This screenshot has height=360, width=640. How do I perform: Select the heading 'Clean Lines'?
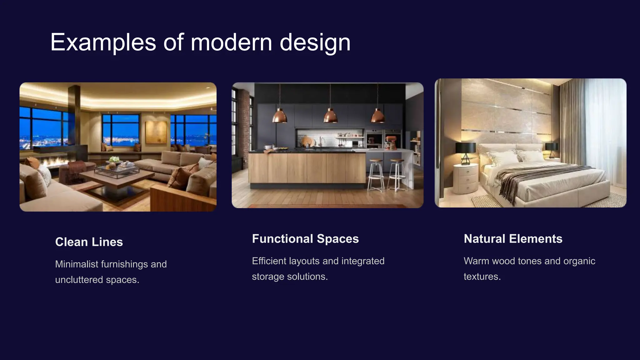pos(89,242)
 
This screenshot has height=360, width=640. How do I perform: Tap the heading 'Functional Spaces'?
pos(305,239)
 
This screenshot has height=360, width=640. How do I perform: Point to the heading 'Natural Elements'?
pos(513,239)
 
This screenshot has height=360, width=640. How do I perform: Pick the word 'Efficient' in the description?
pos(269,261)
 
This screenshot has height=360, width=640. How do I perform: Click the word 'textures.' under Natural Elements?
pos(482,277)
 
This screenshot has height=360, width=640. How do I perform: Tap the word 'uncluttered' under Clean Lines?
pos(79,280)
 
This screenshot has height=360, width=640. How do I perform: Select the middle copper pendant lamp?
pos(330,116)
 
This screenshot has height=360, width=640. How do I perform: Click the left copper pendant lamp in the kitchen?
pos(279,116)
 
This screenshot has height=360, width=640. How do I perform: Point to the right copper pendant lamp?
pos(378,116)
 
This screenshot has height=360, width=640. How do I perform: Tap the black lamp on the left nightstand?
pos(465,150)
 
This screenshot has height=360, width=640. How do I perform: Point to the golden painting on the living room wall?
pos(156,132)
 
